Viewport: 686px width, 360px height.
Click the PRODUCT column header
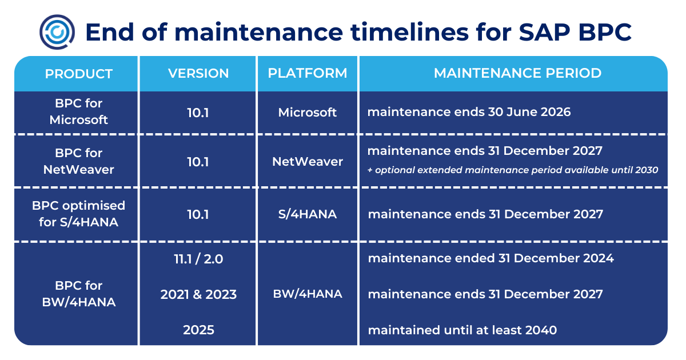79,74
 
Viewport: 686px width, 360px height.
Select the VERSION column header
198,74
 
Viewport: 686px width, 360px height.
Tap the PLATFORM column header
308,74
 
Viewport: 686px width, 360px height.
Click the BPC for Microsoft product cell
79,112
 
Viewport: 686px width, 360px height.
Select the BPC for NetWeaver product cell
79,161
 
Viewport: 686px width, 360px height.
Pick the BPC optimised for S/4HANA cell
79,214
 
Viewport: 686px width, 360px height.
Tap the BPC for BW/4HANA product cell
79,294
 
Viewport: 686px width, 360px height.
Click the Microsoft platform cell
308,113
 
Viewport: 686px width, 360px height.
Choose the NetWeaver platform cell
308,162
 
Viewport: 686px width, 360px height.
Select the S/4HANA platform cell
308,214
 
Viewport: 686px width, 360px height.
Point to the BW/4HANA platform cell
308,294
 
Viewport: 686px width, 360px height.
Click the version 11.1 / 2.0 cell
198,259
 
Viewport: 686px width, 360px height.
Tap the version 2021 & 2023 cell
198,295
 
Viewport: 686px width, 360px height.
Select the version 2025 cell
198,330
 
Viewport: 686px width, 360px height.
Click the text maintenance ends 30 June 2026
469,112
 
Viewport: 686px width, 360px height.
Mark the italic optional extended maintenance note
513,170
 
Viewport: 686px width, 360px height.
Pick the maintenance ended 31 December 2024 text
490,258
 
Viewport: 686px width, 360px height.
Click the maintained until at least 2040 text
462,330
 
